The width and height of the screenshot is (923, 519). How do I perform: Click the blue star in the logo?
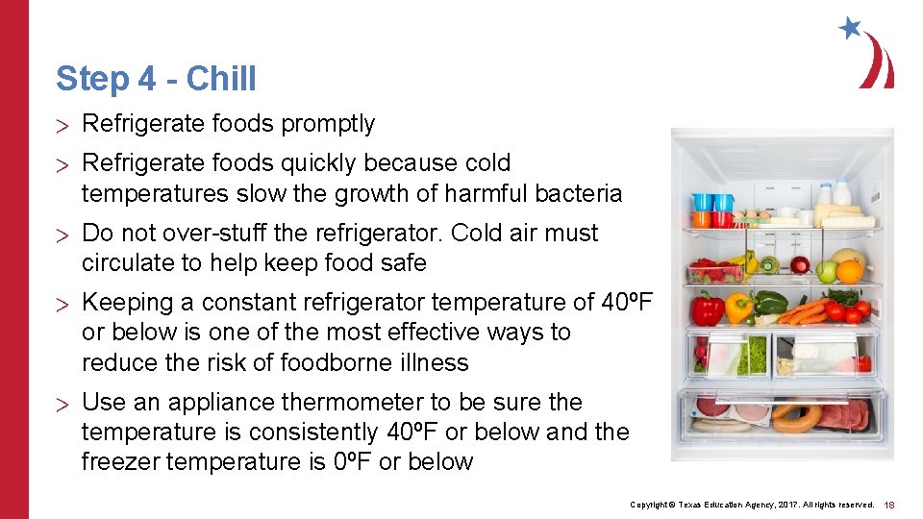tap(850, 28)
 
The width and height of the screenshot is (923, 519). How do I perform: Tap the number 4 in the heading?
tap(146, 79)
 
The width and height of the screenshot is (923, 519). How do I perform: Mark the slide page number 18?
tap(889, 505)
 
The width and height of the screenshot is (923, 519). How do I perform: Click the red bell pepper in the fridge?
tap(708, 308)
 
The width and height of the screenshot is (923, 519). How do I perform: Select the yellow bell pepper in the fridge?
tap(738, 307)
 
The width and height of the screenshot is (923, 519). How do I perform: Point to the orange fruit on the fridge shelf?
tap(849, 271)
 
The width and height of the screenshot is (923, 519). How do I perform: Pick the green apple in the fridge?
tap(826, 272)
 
